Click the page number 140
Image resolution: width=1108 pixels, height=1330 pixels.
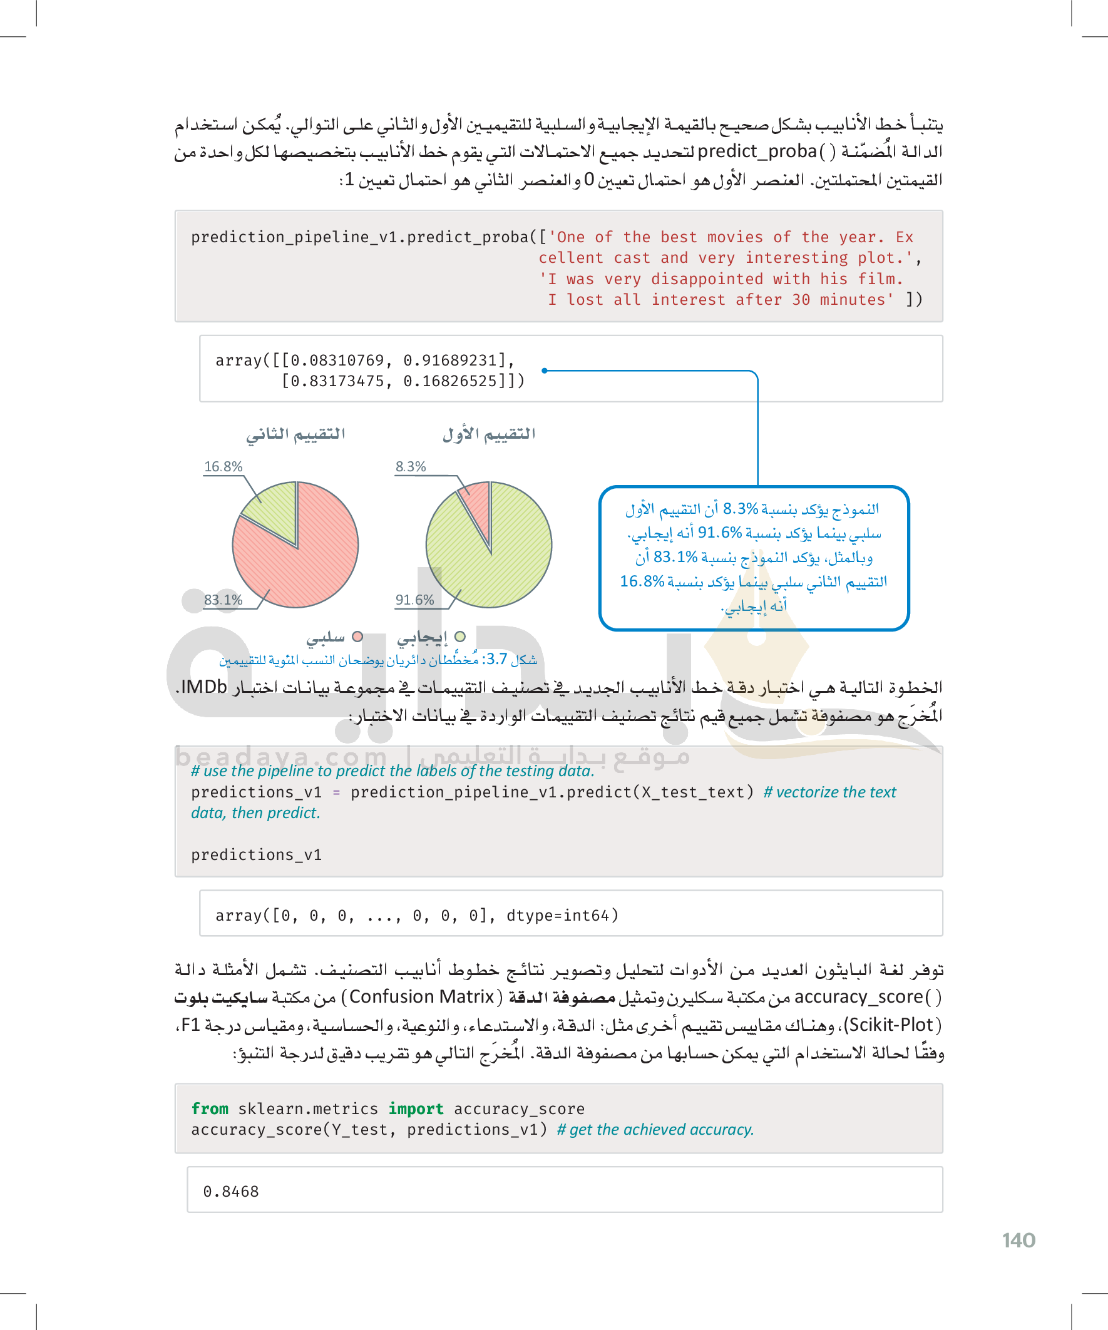pyautogui.click(x=1018, y=1240)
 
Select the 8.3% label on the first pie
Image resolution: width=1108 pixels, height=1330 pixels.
pyautogui.click(x=411, y=467)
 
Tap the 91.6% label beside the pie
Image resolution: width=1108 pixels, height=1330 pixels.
pyautogui.click(x=414, y=600)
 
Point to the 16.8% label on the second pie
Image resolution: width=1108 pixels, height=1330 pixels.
pyautogui.click(x=223, y=467)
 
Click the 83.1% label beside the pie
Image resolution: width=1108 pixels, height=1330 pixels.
pyautogui.click(x=223, y=600)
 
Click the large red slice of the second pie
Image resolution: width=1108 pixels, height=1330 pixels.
pyautogui.click(x=304, y=564)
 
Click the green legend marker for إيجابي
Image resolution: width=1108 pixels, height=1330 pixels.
pyautogui.click(x=461, y=637)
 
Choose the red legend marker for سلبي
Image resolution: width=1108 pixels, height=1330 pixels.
pyautogui.click(x=357, y=637)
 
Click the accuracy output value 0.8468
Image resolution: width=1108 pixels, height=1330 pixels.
pyautogui.click(x=230, y=1192)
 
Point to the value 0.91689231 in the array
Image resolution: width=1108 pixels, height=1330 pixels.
pyautogui.click(x=451, y=361)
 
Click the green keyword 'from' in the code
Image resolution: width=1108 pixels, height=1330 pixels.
pyautogui.click(x=210, y=1109)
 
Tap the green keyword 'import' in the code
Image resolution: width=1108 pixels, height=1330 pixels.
pyautogui.click(x=416, y=1109)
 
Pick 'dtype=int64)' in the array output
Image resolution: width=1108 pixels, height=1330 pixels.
pyautogui.click(x=562, y=916)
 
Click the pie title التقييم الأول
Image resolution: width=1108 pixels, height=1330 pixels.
pyautogui.click(x=488, y=434)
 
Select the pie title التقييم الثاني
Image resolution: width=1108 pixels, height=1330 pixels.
pyautogui.click(x=295, y=434)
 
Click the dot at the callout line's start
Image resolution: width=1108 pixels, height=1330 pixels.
pyautogui.click(x=544, y=371)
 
